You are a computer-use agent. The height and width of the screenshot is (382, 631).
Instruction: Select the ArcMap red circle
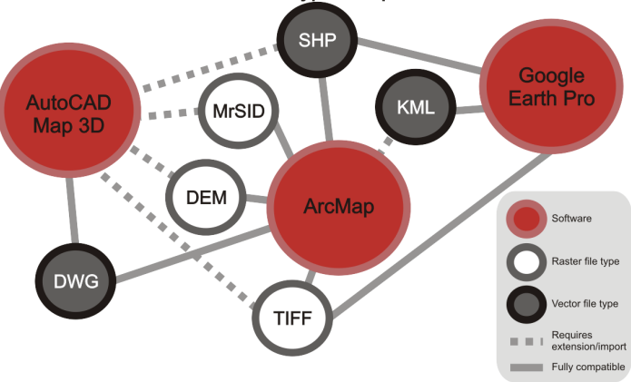338,206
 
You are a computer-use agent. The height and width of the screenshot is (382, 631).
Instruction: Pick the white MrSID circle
238,112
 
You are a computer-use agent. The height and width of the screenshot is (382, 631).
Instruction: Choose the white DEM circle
205,197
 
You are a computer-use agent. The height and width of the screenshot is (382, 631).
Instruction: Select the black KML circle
411,106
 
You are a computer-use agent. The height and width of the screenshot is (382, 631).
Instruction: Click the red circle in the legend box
527,219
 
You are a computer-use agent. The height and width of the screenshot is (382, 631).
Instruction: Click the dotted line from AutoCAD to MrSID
172,113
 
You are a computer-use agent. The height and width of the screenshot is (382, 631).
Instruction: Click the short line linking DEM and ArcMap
254,199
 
